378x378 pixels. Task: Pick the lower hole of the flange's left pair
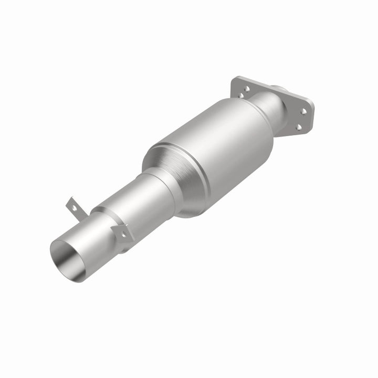[241, 96]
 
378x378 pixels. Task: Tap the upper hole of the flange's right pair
[304, 111]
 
